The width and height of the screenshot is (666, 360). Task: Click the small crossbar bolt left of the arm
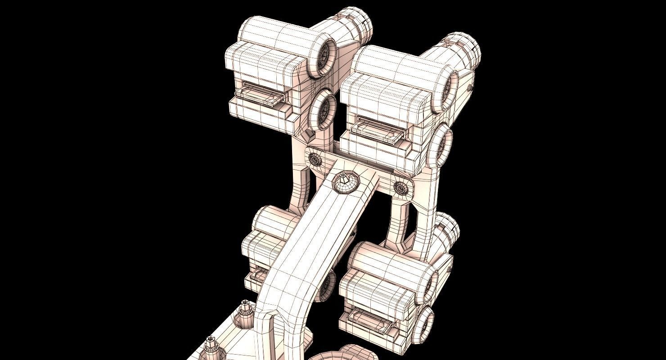(x=314, y=158)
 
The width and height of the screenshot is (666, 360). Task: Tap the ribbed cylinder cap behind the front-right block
(x=448, y=229)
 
